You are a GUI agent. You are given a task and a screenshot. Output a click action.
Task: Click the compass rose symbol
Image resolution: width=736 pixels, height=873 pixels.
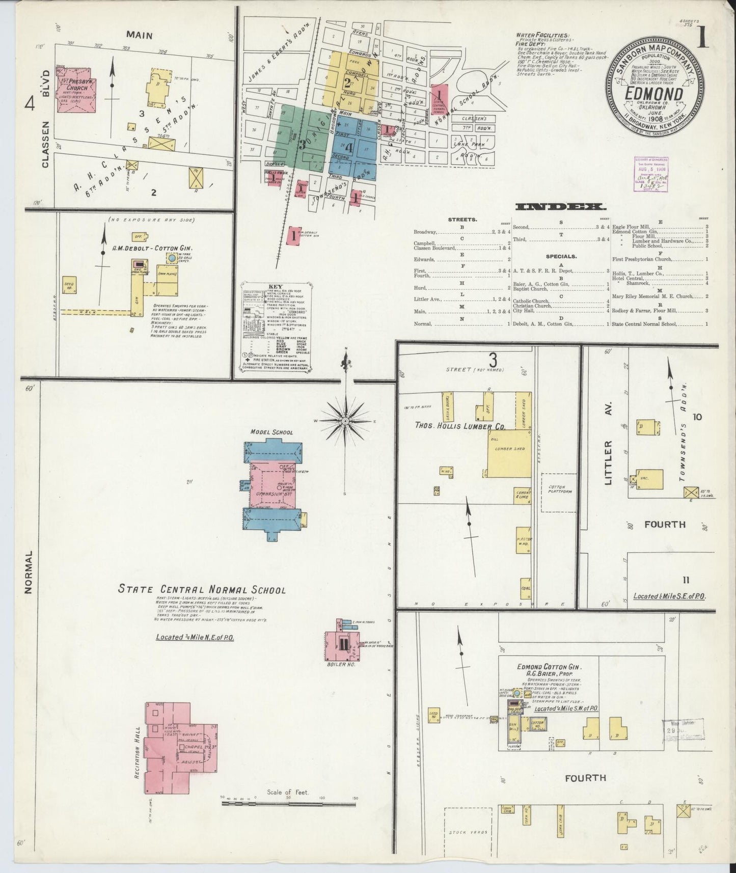(345, 421)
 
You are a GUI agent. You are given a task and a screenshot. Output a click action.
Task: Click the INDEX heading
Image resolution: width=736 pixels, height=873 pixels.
(560, 207)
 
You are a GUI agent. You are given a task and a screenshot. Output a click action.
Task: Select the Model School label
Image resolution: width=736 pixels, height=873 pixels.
(271, 432)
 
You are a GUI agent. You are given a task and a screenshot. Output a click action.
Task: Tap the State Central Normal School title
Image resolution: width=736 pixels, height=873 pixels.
(202, 590)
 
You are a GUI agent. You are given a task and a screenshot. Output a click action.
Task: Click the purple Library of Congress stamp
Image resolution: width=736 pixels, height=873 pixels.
(651, 174)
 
